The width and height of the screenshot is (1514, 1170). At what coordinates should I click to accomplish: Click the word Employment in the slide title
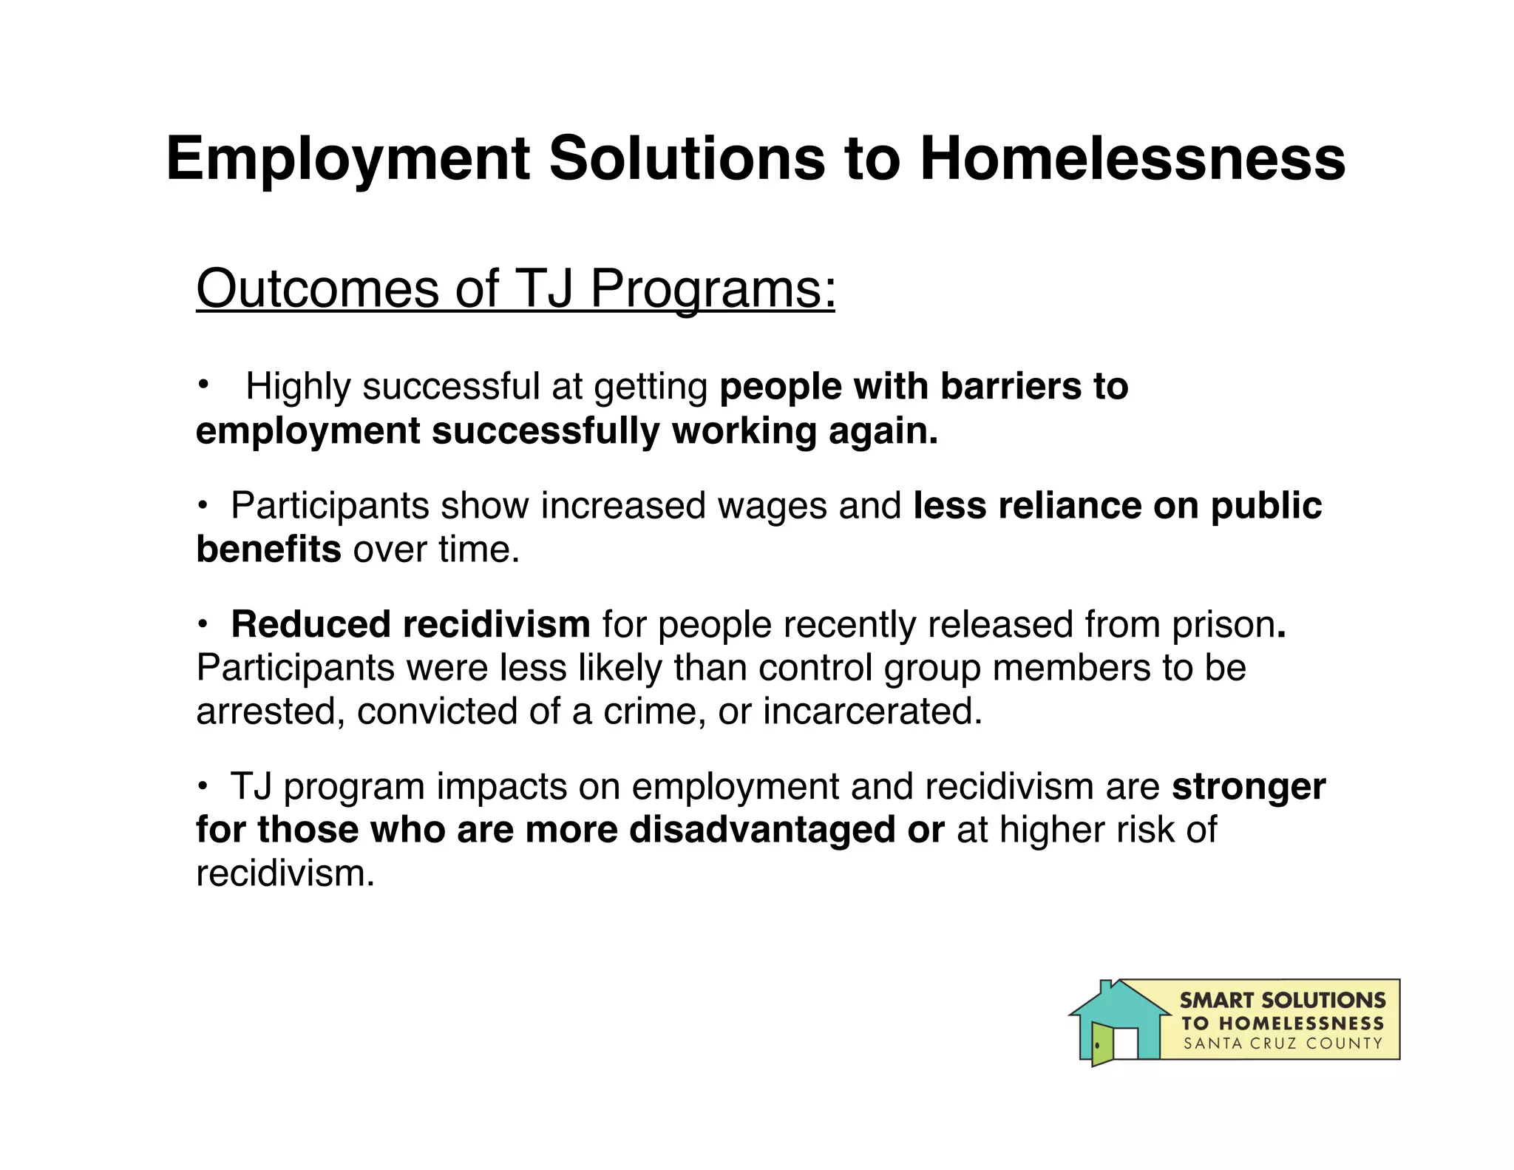(x=348, y=159)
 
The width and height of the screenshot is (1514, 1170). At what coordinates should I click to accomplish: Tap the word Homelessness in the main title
(x=1133, y=159)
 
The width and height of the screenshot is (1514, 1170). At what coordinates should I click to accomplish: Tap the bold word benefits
(x=268, y=550)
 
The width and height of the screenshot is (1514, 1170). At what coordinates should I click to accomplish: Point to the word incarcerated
(x=872, y=711)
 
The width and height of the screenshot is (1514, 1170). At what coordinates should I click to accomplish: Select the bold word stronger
(x=1249, y=786)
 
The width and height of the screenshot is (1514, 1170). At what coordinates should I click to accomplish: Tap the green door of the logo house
(x=1101, y=1043)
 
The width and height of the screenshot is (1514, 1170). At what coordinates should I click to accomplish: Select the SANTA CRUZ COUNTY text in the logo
(x=1283, y=1044)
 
